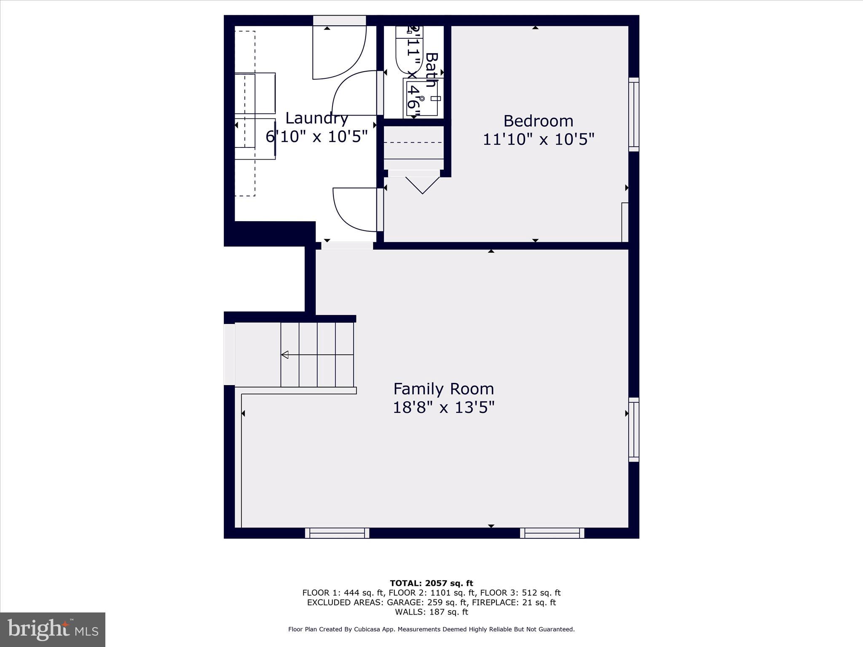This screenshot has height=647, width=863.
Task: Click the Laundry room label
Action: point(317,118)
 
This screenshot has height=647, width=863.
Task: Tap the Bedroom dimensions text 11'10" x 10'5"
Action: point(538,139)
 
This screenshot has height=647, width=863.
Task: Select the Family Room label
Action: point(443,388)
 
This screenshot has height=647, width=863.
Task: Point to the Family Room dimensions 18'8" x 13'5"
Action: point(443,408)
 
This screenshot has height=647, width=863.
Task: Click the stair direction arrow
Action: point(285,355)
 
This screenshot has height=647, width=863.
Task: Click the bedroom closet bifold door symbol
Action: point(422,185)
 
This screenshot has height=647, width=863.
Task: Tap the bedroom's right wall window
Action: point(634,114)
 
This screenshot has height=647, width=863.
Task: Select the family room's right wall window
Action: point(634,430)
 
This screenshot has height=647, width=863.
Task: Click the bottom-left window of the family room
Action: point(337,533)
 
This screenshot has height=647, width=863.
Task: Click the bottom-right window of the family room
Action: point(552,533)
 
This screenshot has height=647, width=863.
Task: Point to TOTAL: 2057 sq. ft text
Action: point(431,583)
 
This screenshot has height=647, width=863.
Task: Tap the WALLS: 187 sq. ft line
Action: point(431,612)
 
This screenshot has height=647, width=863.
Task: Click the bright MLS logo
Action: point(53,630)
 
